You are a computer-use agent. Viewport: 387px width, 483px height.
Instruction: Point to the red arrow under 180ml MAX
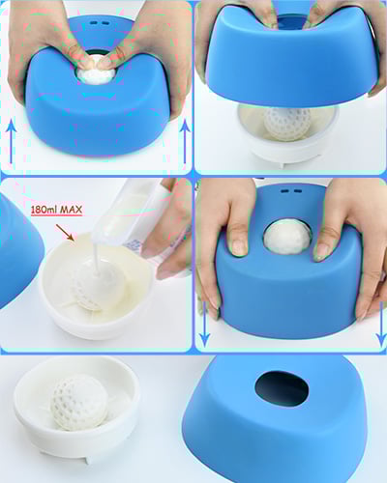(66, 231)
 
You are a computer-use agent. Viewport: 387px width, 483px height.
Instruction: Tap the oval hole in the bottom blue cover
(282, 389)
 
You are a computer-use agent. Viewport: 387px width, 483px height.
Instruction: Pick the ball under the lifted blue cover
(287, 122)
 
